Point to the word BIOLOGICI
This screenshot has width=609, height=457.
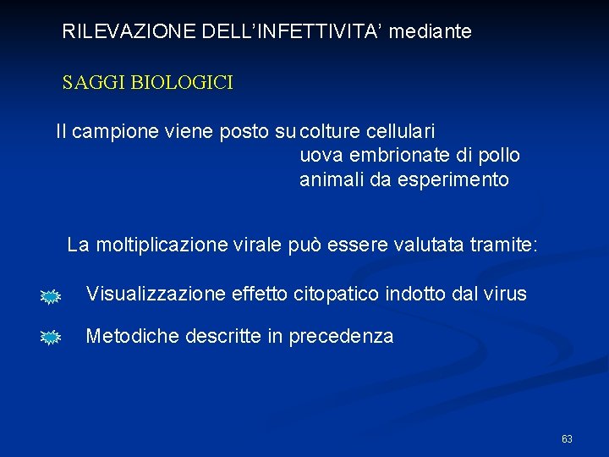click(x=181, y=83)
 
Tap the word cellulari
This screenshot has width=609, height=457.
click(x=401, y=132)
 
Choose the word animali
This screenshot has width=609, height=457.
click(x=332, y=179)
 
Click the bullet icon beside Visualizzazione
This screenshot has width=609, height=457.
click(x=51, y=296)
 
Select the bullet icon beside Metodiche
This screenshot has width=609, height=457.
click(x=51, y=338)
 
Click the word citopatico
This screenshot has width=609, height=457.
click(x=337, y=295)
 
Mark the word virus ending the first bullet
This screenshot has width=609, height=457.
click(x=505, y=295)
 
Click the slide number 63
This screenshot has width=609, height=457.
click(x=567, y=439)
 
